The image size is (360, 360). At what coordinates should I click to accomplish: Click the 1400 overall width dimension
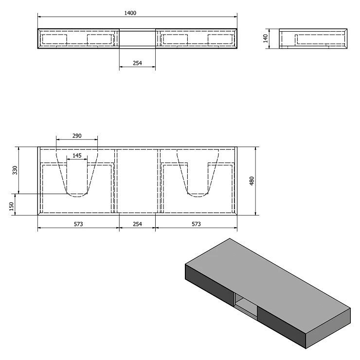click(x=130, y=13)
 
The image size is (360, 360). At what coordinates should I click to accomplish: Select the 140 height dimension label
click(x=266, y=38)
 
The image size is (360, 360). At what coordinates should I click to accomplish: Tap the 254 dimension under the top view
click(x=137, y=63)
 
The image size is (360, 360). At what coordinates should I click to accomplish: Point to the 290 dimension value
click(x=77, y=136)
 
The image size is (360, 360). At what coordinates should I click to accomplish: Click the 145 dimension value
click(x=77, y=156)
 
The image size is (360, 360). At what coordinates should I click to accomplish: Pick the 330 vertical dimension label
click(x=15, y=170)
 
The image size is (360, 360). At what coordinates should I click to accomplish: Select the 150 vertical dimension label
click(x=12, y=206)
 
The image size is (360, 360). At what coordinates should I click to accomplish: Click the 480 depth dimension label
click(x=252, y=181)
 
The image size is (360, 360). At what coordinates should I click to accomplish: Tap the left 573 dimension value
click(x=78, y=224)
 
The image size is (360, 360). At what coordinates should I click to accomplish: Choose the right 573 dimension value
click(x=196, y=224)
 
